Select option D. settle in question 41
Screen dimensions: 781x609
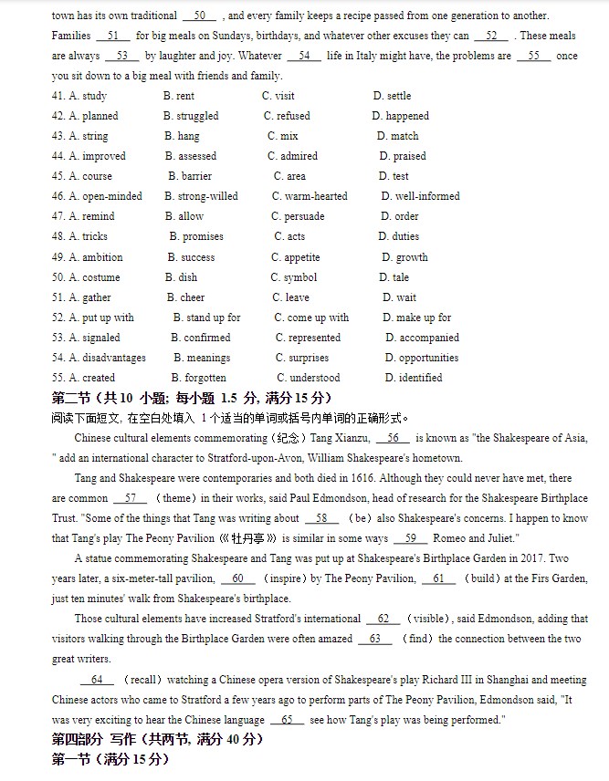click(x=392, y=96)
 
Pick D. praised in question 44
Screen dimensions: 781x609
click(x=403, y=156)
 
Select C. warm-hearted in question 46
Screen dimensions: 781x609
click(x=310, y=196)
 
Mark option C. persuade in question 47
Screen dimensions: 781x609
click(x=298, y=216)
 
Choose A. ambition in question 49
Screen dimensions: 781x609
click(x=95, y=257)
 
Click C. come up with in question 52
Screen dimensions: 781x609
click(x=311, y=318)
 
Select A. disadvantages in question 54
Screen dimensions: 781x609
click(x=106, y=358)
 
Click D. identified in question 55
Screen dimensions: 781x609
click(x=413, y=378)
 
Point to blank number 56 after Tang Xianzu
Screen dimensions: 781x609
click(x=394, y=439)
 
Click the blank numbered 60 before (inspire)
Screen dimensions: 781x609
click(x=237, y=578)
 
